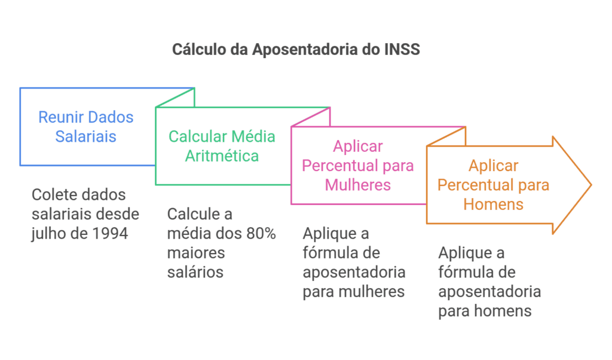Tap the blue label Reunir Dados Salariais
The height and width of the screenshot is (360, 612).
(86, 127)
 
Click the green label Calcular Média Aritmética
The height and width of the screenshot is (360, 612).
(222, 146)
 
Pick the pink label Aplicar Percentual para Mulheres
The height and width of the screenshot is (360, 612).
(358, 165)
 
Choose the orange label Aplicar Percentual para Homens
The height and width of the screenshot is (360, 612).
(493, 185)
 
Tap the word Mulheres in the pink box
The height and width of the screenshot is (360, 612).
(358, 184)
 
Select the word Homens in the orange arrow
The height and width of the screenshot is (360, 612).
(493, 204)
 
